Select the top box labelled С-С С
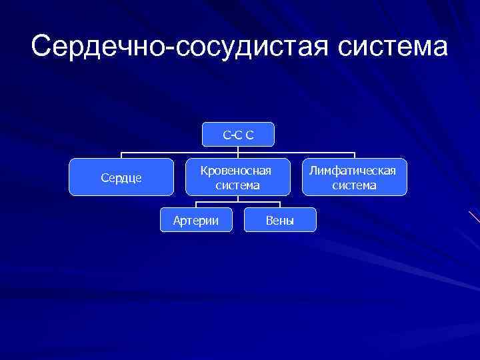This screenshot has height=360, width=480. coord(238,136)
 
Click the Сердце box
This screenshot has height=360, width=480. coord(121,177)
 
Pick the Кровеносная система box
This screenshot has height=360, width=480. coord(238,177)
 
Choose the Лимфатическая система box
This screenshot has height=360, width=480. coord(354,177)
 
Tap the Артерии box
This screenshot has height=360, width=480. coord(196,220)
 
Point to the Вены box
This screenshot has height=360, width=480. coord(280,220)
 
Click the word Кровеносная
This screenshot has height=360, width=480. coord(238,171)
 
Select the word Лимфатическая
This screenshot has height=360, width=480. coord(354,171)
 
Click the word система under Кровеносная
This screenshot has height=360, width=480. coord(238,185)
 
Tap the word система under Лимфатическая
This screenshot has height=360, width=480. coord(354,185)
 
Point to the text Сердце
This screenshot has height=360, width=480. coord(121,178)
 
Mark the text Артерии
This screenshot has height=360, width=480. coord(196,221)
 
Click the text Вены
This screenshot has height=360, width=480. coord(280,221)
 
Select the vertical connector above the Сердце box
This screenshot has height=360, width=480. coord(121,155)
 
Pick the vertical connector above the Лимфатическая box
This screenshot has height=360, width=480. coord(354,155)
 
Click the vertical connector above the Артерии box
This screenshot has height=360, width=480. coord(196,204)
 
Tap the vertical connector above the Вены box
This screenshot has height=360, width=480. coord(280,204)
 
